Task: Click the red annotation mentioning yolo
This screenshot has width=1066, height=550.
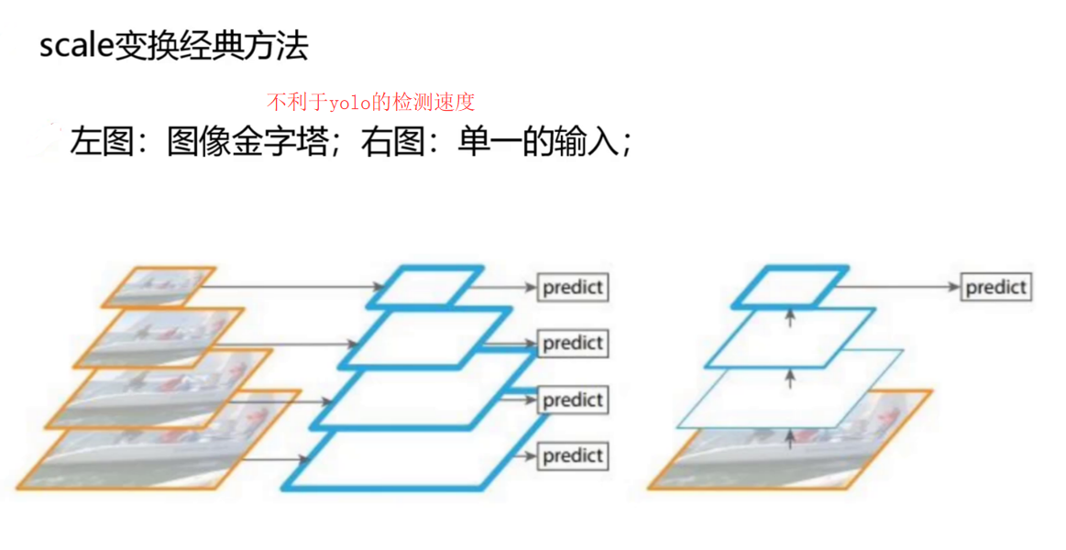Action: point(370,101)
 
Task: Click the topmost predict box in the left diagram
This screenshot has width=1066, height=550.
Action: point(573,288)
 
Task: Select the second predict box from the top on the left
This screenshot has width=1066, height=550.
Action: point(573,344)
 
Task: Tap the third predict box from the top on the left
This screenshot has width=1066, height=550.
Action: point(573,401)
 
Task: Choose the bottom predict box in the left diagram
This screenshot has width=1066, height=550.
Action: point(573,456)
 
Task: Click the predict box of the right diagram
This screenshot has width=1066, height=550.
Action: point(996,287)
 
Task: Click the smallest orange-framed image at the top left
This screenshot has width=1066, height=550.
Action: point(159,286)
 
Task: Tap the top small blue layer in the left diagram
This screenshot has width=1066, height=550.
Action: point(424,286)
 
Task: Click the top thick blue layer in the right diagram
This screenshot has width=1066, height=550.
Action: point(790,286)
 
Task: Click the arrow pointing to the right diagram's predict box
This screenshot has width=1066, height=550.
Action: point(898,287)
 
